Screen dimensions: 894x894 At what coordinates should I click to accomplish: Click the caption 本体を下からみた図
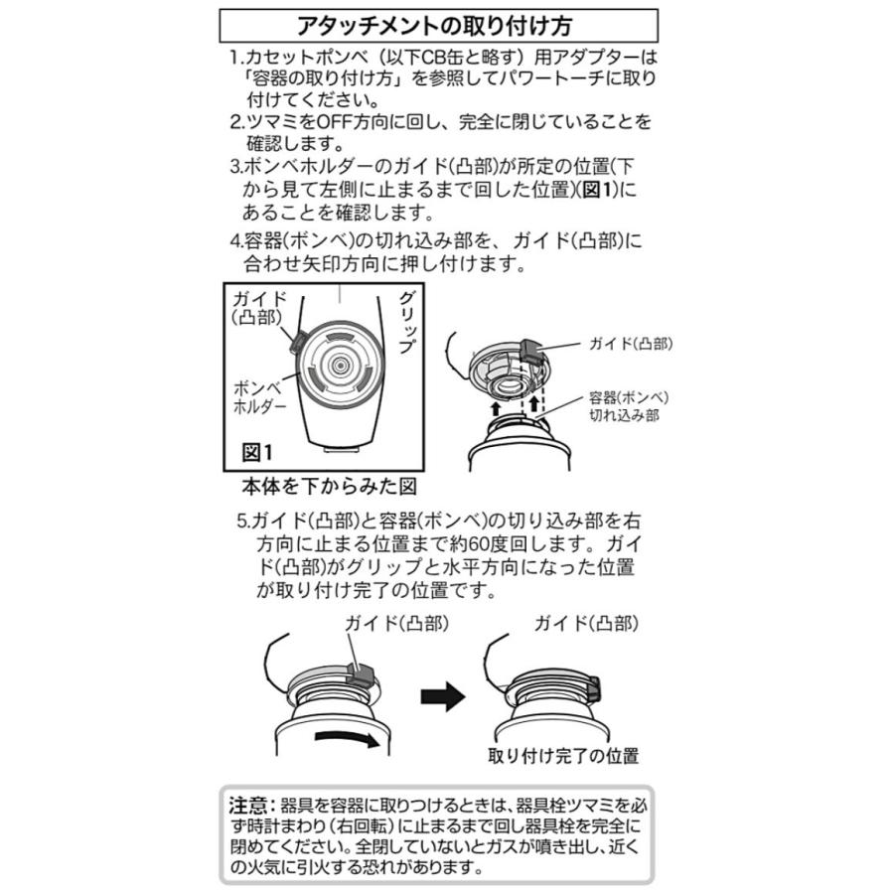click(328, 487)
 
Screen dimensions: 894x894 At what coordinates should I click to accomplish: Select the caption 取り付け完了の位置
click(562, 755)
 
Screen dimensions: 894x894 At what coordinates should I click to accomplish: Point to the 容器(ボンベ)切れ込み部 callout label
click(623, 406)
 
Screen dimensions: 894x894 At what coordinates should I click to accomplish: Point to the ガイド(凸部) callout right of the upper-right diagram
click(628, 344)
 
